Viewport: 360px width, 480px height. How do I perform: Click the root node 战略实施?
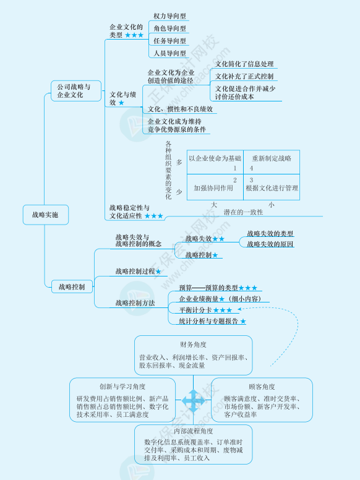pyautogui.click(x=45, y=215)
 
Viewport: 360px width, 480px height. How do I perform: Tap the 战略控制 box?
pyautogui.click(x=72, y=286)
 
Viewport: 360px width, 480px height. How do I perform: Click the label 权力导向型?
pyautogui.click(x=170, y=16)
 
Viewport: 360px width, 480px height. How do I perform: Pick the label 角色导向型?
pyautogui.click(x=170, y=28)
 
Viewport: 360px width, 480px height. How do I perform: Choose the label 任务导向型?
pyautogui.click(x=170, y=41)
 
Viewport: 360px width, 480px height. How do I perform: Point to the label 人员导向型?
pyautogui.click(x=170, y=54)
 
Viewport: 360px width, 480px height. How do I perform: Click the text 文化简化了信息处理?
pyautogui.click(x=244, y=64)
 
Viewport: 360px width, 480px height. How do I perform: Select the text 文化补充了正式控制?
pyautogui.click(x=244, y=77)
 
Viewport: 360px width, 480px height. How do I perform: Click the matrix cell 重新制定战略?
pyautogui.click(x=272, y=159)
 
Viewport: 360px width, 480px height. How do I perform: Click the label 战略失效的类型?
pyautogui.click(x=270, y=234)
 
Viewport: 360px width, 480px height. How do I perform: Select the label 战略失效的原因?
pyautogui.click(x=270, y=244)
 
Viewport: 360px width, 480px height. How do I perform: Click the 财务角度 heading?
pyautogui.click(x=194, y=344)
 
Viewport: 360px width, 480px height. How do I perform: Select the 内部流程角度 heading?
pyautogui.click(x=193, y=431)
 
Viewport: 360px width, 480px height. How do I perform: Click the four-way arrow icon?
pyautogui.click(x=193, y=400)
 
